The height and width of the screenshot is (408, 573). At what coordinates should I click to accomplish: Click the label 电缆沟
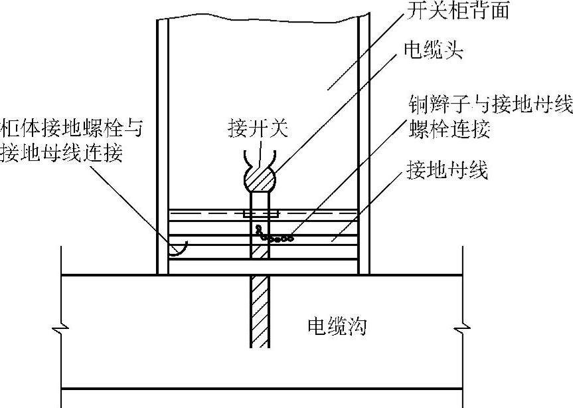coord(337,326)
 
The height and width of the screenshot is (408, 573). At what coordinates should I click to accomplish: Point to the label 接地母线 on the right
coord(447,171)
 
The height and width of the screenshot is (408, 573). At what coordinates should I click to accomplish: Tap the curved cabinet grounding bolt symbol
coord(177,249)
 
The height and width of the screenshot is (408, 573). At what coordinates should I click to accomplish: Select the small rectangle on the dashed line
coord(261,214)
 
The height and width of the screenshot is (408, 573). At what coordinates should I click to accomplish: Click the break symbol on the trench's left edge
coord(62,327)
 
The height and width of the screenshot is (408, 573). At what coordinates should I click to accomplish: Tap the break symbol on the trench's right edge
coord(462,327)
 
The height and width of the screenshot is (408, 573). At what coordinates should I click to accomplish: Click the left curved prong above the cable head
coord(246,157)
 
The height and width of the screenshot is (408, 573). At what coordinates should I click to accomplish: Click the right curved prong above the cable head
coord(272,157)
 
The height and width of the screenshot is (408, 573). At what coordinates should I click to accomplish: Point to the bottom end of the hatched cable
coord(260,344)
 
